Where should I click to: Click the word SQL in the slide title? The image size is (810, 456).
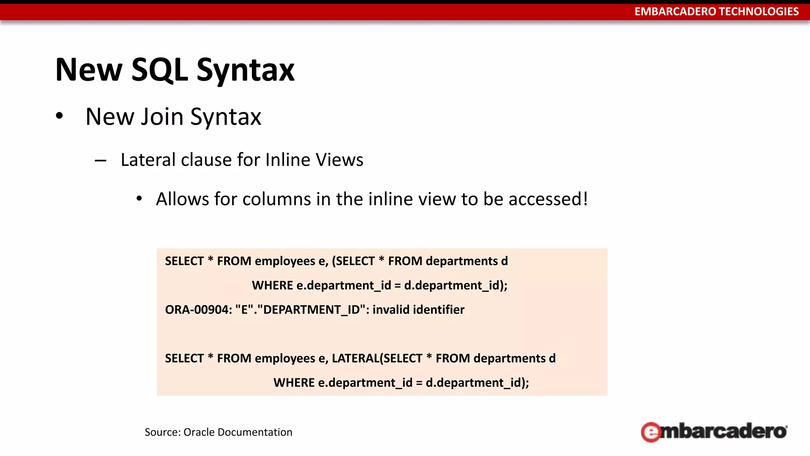159,70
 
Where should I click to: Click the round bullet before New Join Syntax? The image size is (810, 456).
59,116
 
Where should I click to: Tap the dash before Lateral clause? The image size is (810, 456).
100,161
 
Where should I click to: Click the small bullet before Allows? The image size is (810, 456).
139,199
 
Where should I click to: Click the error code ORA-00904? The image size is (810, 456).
199,310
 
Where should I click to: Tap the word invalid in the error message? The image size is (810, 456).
391,310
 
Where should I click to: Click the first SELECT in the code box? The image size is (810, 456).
184,261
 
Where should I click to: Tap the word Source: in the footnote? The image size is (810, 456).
162,432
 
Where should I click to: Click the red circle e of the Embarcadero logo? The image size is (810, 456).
651,432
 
